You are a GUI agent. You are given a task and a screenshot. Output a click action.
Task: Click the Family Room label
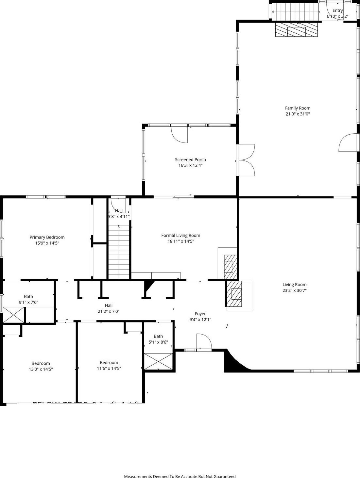pyautogui.click(x=298, y=108)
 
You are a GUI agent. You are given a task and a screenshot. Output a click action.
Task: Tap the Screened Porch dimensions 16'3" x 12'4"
pyautogui.click(x=190, y=166)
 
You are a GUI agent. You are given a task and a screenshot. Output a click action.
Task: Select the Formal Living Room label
pyautogui.click(x=180, y=236)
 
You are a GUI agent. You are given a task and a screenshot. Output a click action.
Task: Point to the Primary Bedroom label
pyautogui.click(x=47, y=237)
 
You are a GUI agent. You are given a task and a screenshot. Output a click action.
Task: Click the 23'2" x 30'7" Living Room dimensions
pyautogui.click(x=294, y=290)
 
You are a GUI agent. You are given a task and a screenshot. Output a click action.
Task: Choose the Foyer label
pyautogui.click(x=200, y=314)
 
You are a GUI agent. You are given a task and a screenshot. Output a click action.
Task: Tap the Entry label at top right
pyautogui.click(x=337, y=10)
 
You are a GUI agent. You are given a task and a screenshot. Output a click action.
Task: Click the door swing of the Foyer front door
pyautogui.click(x=204, y=342)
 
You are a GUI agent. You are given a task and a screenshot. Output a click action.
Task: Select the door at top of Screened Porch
pyautogui.click(x=179, y=134)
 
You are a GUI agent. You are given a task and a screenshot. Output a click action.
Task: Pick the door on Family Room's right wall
pyautogui.click(x=347, y=143)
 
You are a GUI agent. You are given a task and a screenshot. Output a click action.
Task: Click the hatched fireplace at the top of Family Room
pyautogui.click(x=296, y=30)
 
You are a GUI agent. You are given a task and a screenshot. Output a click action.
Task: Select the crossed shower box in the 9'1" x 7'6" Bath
pyautogui.click(x=14, y=315)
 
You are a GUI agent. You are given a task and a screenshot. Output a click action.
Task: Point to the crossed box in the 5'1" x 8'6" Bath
pyautogui.click(x=158, y=361)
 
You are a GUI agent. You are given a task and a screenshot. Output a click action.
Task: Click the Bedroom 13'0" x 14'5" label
pyautogui.click(x=41, y=363)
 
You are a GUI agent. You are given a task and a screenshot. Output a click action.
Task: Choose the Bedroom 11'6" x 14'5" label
pyautogui.click(x=109, y=362)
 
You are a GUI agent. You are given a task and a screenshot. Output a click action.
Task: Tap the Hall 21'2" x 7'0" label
pyautogui.click(x=109, y=305)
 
